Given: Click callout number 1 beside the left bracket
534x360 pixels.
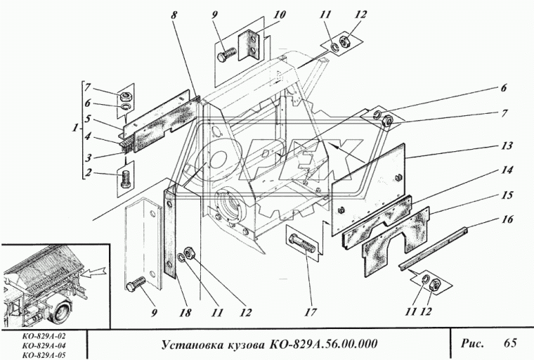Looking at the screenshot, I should tap(75, 129).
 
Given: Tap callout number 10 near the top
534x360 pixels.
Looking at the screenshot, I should tap(260, 14).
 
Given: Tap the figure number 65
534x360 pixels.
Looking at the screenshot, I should tap(509, 343).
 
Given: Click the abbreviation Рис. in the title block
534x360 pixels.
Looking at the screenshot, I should tap(471, 344).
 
